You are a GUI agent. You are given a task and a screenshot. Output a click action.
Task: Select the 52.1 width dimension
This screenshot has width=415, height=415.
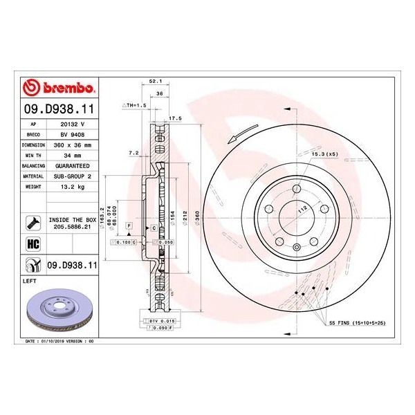[x=156, y=81]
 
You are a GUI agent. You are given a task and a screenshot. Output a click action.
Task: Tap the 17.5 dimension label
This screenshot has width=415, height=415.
[x=175, y=118]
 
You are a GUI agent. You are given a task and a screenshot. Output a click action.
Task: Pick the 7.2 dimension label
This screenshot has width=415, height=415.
[x=133, y=152]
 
